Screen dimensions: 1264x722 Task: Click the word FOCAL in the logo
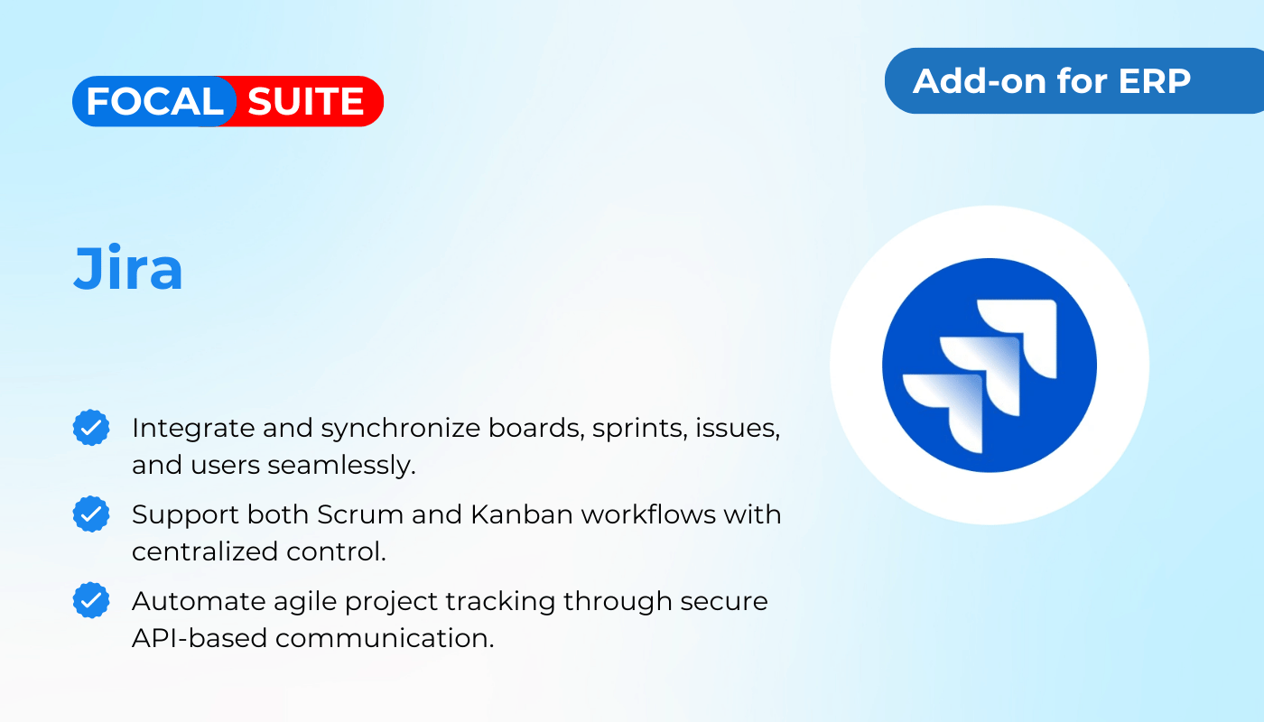click(154, 101)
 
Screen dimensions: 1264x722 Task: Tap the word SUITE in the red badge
click(306, 101)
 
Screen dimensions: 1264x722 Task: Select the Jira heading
click(128, 267)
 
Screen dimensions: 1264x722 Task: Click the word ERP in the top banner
click(1155, 81)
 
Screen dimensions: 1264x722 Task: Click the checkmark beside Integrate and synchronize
click(91, 428)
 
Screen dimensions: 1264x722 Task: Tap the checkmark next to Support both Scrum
click(91, 514)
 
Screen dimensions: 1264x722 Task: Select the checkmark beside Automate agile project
click(91, 600)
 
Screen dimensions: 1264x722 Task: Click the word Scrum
click(360, 514)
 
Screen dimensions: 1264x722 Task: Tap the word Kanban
click(522, 514)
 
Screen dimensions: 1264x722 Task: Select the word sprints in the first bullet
click(640, 430)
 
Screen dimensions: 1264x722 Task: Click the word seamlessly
click(341, 467)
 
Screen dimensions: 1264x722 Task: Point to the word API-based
click(200, 639)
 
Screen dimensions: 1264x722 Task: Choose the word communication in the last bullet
click(385, 639)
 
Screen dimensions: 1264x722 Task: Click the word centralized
click(205, 551)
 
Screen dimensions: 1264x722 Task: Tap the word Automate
click(199, 601)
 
